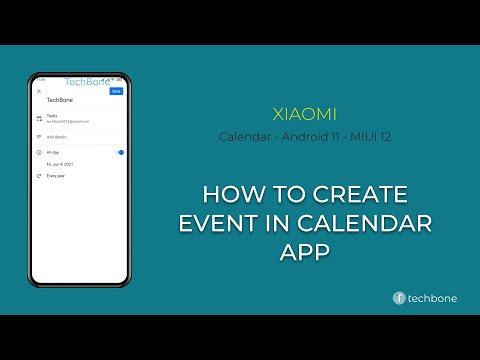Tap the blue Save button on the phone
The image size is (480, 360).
(116, 91)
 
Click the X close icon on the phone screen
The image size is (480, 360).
(39, 91)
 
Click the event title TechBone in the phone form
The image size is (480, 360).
(60, 102)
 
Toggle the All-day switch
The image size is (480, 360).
(119, 152)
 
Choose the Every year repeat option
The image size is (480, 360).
(57, 175)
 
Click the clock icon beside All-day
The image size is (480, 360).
(39, 152)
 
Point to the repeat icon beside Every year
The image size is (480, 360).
(39, 175)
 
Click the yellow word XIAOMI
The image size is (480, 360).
(304, 113)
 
